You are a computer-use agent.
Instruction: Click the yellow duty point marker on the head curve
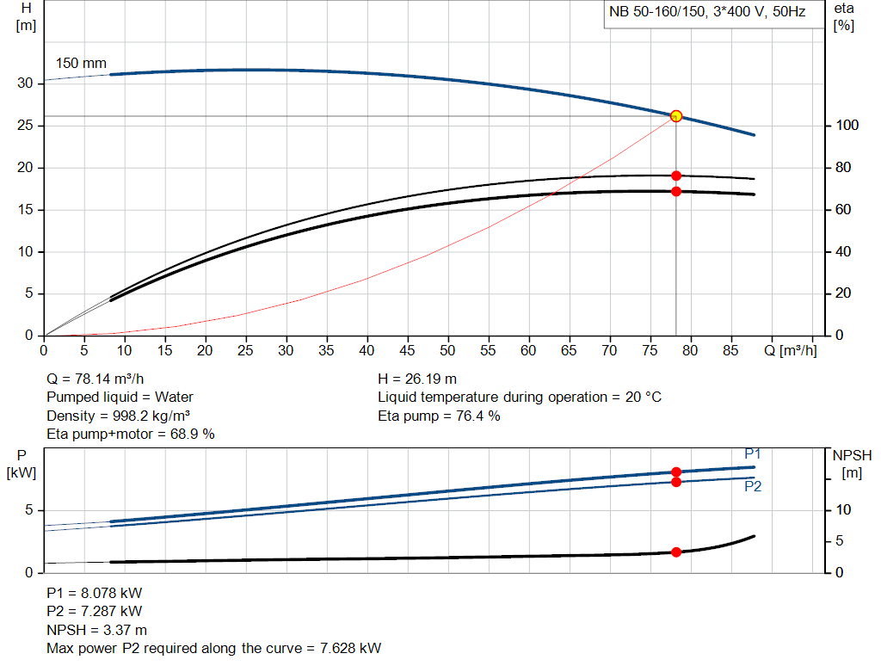675,116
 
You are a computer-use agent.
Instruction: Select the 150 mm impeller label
81,64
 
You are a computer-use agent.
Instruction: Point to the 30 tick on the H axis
25,83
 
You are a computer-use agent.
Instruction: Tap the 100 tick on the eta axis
847,126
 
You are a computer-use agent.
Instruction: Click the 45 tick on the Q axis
407,350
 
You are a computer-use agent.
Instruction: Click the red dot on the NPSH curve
675,552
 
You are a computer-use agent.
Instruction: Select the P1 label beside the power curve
753,453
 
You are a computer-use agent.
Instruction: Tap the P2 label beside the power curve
753,486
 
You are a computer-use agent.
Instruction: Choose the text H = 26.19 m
417,379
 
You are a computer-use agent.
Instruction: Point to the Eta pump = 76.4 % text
439,416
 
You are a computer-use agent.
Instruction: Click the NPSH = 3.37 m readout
96,630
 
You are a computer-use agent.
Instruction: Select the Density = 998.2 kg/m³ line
118,416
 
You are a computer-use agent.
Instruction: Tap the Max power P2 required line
213,648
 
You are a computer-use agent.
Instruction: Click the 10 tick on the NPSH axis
843,510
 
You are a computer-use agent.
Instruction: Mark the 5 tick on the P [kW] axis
28,510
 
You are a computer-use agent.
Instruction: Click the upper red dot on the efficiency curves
675,176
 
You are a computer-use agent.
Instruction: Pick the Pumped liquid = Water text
120,398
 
